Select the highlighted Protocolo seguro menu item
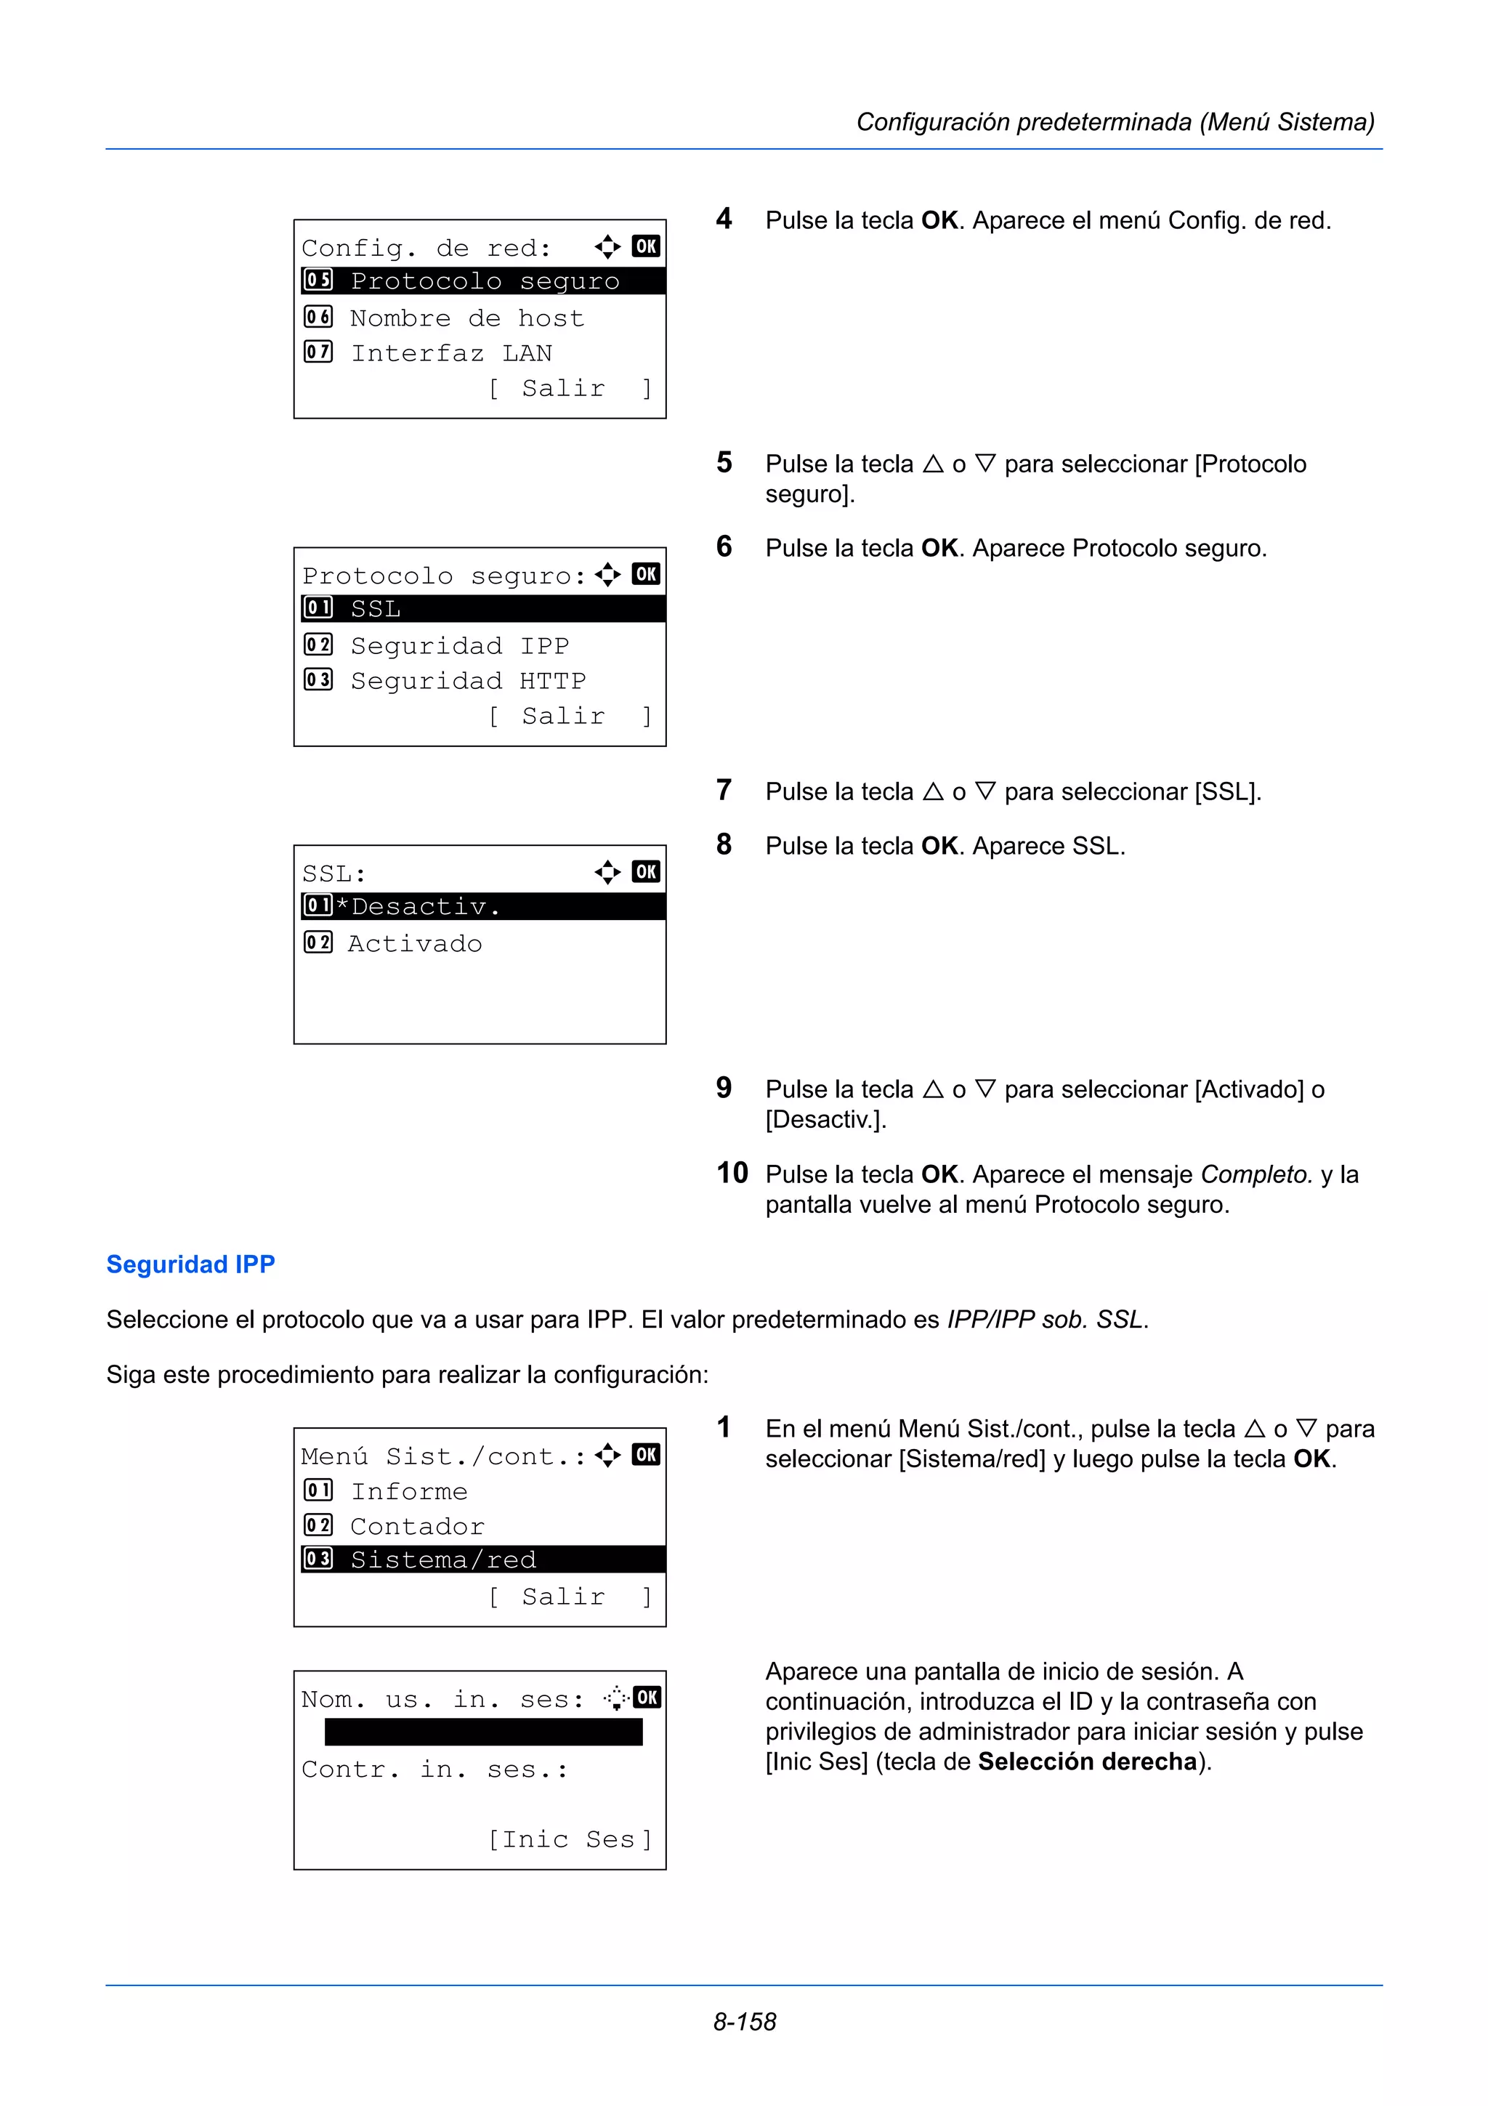coord(484,281)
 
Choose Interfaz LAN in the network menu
coord(451,353)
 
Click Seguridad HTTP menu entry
coord(468,681)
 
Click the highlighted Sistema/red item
coord(444,1560)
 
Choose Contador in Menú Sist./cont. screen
coord(417,1526)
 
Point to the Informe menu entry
coord(409,1491)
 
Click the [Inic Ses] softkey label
coord(570,1839)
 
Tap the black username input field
coord(483,1732)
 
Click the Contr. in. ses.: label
coord(434,1770)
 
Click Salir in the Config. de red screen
coord(563,389)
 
